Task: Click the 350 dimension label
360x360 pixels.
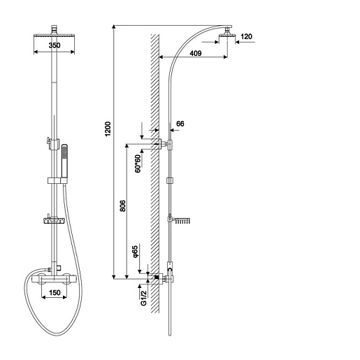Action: pos(55,45)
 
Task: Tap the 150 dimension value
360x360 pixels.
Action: pos(55,292)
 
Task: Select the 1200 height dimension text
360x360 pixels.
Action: pos(108,129)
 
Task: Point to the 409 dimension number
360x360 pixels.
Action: pos(196,53)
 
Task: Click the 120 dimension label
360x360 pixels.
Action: pos(246,36)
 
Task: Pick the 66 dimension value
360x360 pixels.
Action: pos(180,124)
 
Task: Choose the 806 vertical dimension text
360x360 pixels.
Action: pos(122,206)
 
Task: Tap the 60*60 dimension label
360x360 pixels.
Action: pos(138,164)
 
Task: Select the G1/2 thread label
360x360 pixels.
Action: pos(143,298)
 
